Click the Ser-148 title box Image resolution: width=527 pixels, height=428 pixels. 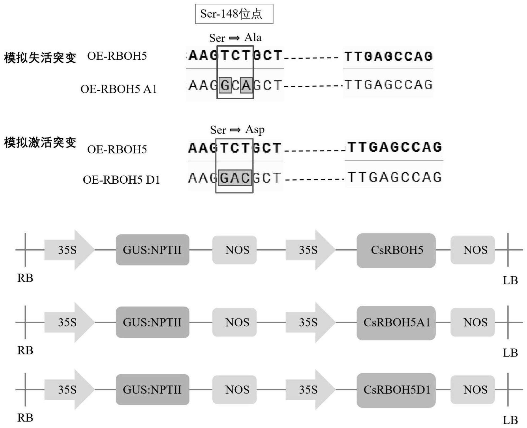234,14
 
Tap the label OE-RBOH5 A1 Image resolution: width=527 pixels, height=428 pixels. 119,89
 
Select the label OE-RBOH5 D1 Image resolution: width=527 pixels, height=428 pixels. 121,180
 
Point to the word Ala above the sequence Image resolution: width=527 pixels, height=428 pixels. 253,37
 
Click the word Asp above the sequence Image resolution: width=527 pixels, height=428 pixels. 255,130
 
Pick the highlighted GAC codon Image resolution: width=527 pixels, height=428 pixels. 235,178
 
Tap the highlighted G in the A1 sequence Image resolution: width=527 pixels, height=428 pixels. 225,85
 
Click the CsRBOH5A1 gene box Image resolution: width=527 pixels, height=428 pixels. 396,323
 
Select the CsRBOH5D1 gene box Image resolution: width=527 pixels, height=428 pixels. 396,390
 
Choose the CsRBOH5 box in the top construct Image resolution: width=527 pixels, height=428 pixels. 396,250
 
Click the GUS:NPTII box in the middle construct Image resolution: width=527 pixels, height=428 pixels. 152,322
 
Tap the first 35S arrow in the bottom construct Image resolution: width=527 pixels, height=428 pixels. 69,390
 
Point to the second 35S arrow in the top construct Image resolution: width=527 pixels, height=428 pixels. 310,250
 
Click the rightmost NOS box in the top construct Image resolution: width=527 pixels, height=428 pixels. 472,250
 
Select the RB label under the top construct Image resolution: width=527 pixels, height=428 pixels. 25,278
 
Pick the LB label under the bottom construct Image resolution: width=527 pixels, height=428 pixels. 510,420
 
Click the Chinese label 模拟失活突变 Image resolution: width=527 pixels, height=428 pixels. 40,58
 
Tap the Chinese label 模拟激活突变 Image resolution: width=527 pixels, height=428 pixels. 40,143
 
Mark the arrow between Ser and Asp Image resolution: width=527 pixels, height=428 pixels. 235,130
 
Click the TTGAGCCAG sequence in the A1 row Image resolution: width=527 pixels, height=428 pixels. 388,85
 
